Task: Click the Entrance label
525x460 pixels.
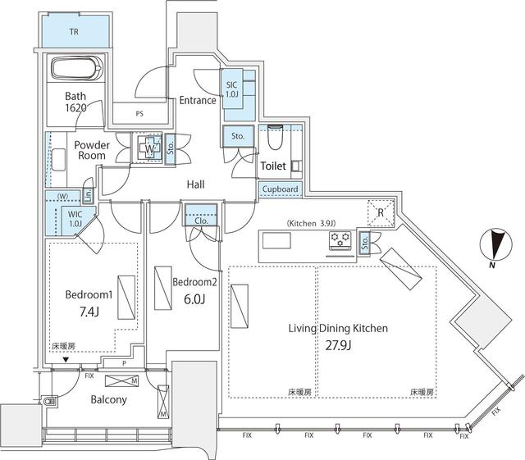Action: click(198, 101)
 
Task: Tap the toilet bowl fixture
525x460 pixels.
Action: click(276, 137)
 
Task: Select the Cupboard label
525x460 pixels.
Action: click(281, 189)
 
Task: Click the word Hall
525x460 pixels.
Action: click(195, 185)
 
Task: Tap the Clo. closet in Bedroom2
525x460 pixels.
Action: click(200, 220)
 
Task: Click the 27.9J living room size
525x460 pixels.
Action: click(338, 345)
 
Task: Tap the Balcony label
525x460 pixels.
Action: click(107, 400)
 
